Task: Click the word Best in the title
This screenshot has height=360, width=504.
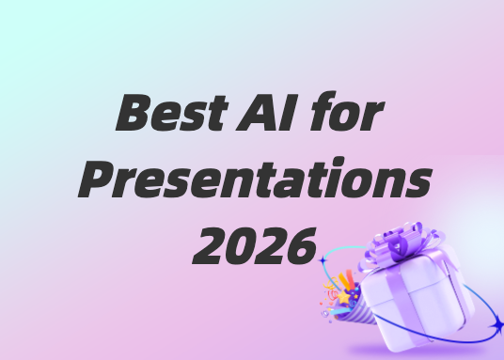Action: (x=172, y=112)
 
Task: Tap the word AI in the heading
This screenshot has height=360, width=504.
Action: (x=267, y=112)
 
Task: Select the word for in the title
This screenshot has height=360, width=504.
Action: (x=347, y=111)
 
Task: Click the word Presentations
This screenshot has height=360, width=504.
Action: (x=255, y=178)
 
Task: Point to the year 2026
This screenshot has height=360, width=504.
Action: (x=254, y=245)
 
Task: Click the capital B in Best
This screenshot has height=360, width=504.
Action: (x=134, y=112)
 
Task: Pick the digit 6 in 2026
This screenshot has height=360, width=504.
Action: (x=302, y=246)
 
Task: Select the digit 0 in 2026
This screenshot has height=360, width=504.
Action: (x=240, y=246)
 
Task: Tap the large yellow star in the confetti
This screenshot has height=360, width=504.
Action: (x=343, y=296)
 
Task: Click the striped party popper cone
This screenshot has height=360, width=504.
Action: (x=355, y=310)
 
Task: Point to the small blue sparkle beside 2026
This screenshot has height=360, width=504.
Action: (x=323, y=260)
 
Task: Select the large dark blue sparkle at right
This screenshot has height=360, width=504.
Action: (x=497, y=325)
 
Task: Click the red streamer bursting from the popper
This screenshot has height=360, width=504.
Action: (x=351, y=279)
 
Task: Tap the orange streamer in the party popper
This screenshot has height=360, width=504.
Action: (x=344, y=282)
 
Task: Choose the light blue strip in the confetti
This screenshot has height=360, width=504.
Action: (x=340, y=311)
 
